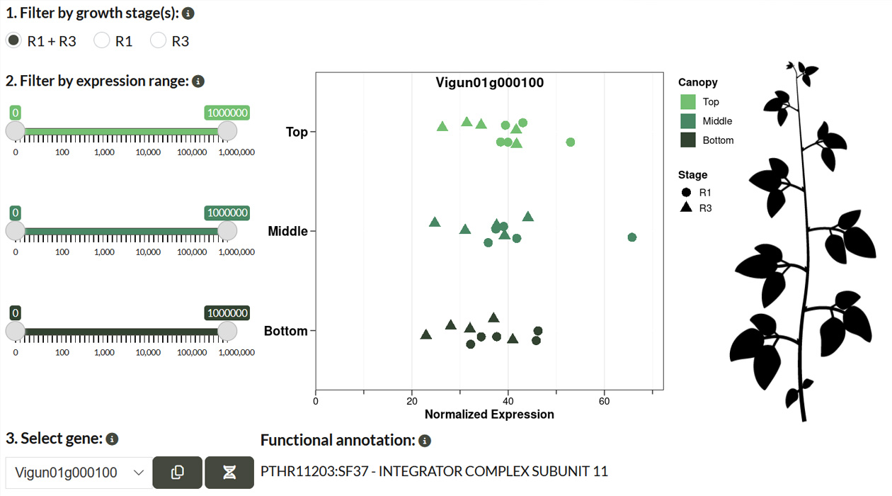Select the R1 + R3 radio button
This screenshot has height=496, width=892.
[13, 40]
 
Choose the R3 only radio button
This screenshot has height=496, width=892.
[159, 40]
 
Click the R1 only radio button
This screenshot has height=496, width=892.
[102, 40]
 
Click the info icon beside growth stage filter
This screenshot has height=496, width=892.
[188, 13]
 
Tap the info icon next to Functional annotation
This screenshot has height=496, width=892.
[425, 441]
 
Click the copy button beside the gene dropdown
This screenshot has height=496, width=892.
[178, 473]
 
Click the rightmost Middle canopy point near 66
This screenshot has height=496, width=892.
[632, 237]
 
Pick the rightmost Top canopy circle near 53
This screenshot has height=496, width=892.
[571, 142]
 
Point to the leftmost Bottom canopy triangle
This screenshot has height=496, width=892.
[426, 334]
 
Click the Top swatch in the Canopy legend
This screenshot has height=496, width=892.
[687, 102]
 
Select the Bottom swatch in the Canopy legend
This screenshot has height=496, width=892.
[687, 140]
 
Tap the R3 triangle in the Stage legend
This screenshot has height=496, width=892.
[686, 208]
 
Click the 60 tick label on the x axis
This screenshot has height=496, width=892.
[605, 401]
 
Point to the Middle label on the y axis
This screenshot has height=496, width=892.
[287, 231]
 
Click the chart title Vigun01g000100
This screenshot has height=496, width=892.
[490, 83]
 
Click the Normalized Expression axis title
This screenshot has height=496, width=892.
[489, 414]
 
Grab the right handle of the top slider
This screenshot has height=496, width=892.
[227, 131]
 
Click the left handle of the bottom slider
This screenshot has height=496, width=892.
[16, 332]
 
